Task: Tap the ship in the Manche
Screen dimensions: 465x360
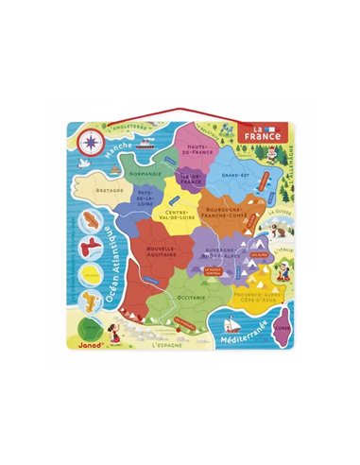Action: (x=144, y=147)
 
